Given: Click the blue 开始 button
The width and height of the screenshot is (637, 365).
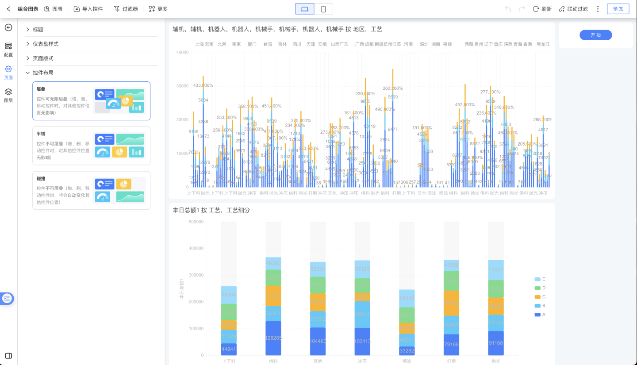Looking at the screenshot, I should (595, 35).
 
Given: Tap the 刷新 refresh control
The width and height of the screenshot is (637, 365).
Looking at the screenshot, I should (542, 9).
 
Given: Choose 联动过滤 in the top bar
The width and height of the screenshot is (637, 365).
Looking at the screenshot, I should (573, 9).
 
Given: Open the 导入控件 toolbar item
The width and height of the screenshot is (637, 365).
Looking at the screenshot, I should (88, 9).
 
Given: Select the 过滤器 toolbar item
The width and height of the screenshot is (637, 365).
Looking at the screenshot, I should (126, 9).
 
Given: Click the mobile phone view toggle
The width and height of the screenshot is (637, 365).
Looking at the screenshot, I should (323, 9).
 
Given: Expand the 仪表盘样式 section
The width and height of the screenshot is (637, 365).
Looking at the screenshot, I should (46, 44).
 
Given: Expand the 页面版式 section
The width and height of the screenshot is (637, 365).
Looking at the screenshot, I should (43, 58).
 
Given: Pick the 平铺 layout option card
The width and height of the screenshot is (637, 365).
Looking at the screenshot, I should (91, 146).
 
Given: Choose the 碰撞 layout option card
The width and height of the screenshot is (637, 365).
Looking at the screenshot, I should (91, 190).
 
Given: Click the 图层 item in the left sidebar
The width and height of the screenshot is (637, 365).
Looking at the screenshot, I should (8, 95).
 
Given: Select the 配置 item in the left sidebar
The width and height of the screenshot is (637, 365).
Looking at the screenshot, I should (8, 49).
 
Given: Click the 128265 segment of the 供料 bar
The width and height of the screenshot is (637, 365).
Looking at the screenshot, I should (273, 338).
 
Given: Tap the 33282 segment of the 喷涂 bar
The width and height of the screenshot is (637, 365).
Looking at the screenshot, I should (407, 351).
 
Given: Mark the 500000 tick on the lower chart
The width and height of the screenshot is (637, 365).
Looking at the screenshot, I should (196, 222).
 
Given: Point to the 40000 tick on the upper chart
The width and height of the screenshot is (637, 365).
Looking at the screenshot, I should (182, 52).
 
